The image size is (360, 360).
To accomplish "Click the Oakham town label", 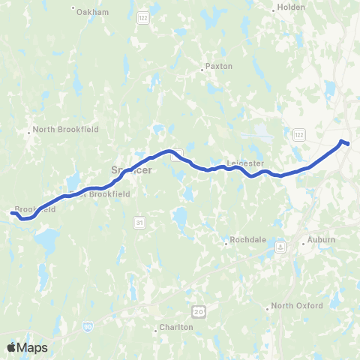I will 92,12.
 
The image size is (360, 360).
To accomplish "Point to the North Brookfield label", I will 65,129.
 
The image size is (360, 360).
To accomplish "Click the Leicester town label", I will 244,162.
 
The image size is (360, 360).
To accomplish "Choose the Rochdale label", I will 244,241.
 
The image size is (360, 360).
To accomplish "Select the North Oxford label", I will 297,306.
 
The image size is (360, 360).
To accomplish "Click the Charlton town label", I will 176,327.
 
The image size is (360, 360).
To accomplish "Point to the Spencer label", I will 132,169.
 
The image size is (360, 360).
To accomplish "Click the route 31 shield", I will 139,223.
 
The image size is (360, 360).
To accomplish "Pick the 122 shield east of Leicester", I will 299,133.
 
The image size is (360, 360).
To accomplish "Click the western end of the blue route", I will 12,214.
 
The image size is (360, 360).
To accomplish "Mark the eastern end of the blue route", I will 347,143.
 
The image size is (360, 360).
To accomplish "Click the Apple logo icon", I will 12,347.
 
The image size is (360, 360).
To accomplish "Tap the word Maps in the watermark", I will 33,347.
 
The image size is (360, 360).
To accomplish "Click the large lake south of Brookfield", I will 46,241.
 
